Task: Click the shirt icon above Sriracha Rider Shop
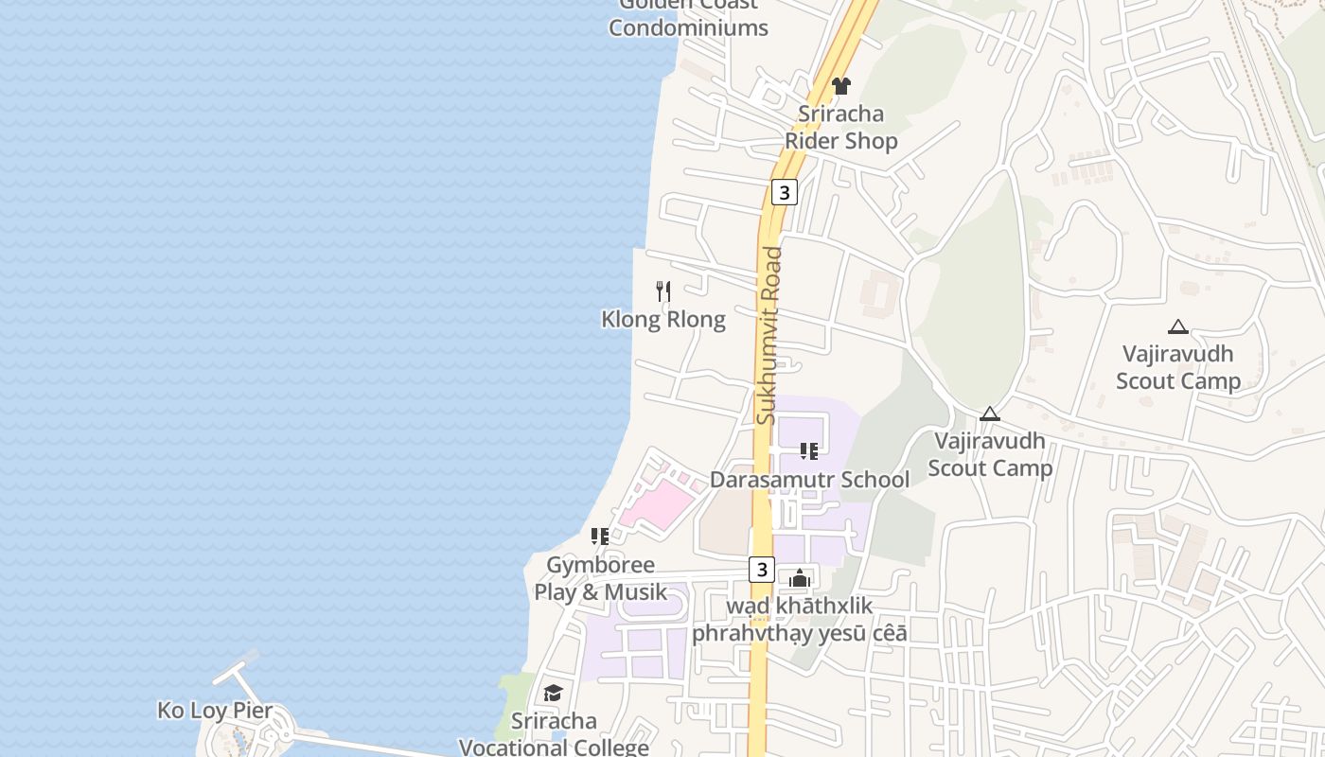pyautogui.click(x=840, y=86)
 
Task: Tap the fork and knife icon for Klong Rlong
pyautogui.click(x=663, y=290)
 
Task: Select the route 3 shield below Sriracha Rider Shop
pyautogui.click(x=784, y=192)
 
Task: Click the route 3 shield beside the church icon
pyautogui.click(x=762, y=570)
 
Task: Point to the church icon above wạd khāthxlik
pyautogui.click(x=800, y=577)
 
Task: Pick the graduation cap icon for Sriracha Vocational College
pyautogui.click(x=553, y=694)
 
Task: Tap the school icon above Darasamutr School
pyautogui.click(x=808, y=451)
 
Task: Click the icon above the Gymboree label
pyautogui.click(x=599, y=537)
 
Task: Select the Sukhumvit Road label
pyautogui.click(x=768, y=335)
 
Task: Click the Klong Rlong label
pyautogui.click(x=663, y=319)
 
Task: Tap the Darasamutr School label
pyautogui.click(x=809, y=480)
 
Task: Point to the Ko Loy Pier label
pyautogui.click(x=215, y=711)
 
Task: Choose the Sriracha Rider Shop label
pyautogui.click(x=840, y=128)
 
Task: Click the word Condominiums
pyautogui.click(x=688, y=27)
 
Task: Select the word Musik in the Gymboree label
pyautogui.click(x=635, y=592)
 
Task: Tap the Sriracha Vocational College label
pyautogui.click(x=554, y=733)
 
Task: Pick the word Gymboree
pyautogui.click(x=600, y=565)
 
